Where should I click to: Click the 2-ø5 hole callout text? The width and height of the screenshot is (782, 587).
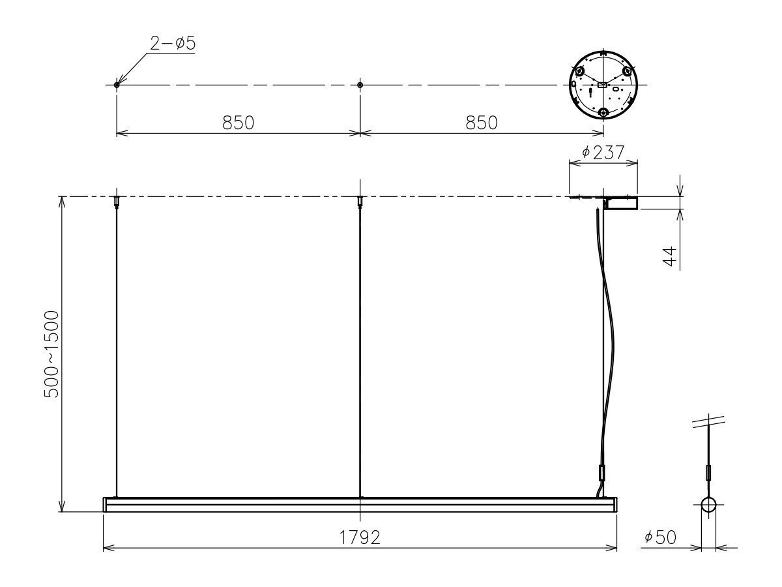click(173, 44)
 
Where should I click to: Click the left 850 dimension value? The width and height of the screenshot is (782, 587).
click(238, 123)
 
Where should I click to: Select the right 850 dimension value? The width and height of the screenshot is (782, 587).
click(482, 123)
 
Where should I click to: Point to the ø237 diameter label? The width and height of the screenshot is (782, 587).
click(603, 153)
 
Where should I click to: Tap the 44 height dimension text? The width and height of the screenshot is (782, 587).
click(671, 256)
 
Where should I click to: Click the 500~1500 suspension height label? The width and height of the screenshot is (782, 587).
click(51, 354)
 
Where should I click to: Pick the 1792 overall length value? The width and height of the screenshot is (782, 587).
click(360, 537)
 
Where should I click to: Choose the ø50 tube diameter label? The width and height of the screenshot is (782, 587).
click(660, 537)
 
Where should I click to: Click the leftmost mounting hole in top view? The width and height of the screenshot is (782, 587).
click(117, 85)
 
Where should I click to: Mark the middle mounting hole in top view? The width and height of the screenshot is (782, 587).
click(360, 85)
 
